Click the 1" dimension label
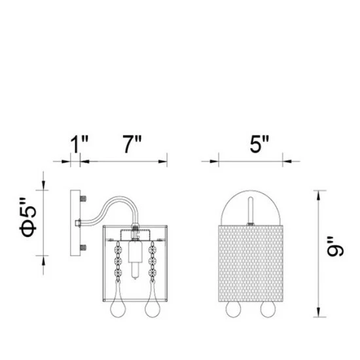(x=79, y=144)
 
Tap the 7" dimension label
(x=132, y=144)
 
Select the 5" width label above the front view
(x=259, y=144)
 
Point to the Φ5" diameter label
(x=28, y=217)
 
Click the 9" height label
(x=335, y=246)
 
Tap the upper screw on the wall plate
(x=83, y=198)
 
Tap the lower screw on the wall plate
(x=83, y=247)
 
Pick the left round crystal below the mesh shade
(x=234, y=309)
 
